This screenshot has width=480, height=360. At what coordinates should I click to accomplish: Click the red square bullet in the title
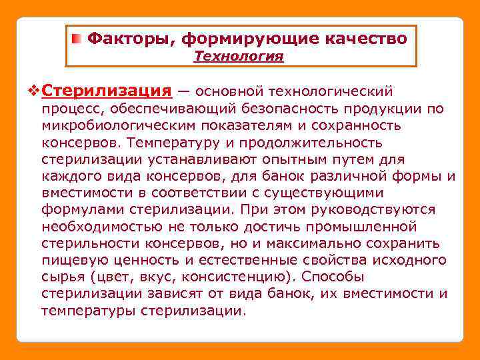click(78, 39)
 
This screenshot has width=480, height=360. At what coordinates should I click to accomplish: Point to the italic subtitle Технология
click(239, 57)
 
